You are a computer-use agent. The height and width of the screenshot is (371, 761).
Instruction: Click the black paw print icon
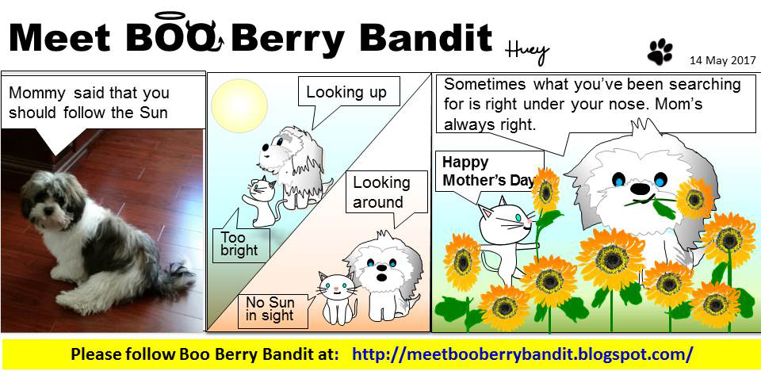(660, 52)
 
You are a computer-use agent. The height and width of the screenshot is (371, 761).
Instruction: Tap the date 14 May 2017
(723, 61)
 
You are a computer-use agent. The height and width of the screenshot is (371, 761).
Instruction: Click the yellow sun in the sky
(239, 106)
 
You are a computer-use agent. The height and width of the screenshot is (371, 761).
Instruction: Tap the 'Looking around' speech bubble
(386, 194)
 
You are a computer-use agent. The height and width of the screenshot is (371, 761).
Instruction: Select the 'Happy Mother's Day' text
(488, 172)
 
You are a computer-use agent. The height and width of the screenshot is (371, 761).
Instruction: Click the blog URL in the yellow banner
(522, 354)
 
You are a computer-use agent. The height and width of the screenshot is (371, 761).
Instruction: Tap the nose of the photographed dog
(46, 211)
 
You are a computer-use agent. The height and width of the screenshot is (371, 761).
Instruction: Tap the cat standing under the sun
(260, 202)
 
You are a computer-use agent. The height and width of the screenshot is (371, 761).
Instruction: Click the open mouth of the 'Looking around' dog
(382, 277)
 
